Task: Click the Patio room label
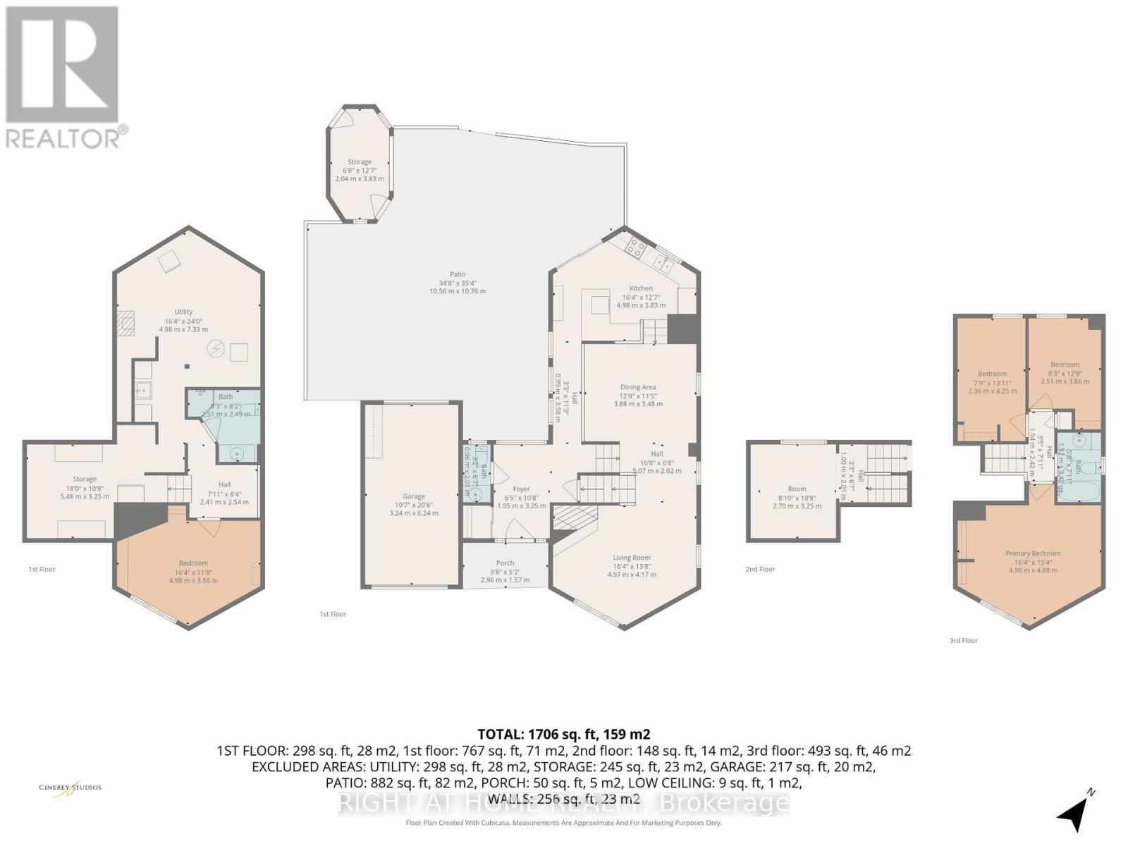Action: (x=458, y=275)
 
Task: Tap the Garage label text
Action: (x=414, y=496)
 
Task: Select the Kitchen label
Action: (x=641, y=288)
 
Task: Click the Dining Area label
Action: (x=638, y=387)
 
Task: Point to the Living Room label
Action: (x=632, y=558)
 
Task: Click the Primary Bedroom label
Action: (x=1033, y=553)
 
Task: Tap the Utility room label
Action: (x=183, y=312)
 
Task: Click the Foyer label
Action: (x=521, y=489)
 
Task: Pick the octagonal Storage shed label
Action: (x=360, y=162)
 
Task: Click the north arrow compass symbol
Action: (x=1074, y=813)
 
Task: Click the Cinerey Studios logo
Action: (x=70, y=787)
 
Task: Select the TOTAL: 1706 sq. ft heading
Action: (x=563, y=734)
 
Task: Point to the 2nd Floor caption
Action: (x=760, y=569)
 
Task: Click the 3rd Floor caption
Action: (x=963, y=641)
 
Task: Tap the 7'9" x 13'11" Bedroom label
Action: (x=992, y=374)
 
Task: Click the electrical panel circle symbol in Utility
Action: (x=216, y=348)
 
